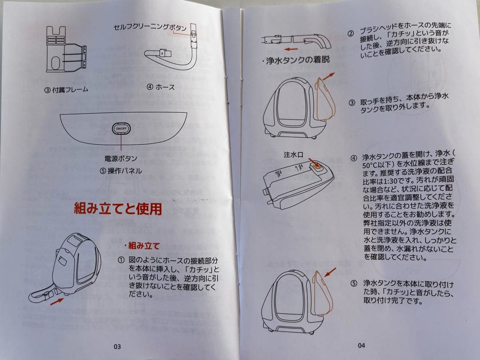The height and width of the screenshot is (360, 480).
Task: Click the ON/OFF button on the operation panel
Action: coord(121,128)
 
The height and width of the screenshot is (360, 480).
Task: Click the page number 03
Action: coord(117,347)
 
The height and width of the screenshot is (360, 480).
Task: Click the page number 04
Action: coord(361,345)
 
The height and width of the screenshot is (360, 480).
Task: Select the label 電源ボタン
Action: coord(121,159)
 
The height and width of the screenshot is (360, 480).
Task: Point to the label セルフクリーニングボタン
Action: coord(150,27)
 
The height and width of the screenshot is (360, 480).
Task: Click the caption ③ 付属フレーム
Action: coord(66,90)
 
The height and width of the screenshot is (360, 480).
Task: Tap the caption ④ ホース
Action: coord(161,87)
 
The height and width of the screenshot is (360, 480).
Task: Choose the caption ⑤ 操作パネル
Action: coord(121,171)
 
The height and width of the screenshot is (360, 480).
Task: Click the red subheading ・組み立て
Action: coord(142,245)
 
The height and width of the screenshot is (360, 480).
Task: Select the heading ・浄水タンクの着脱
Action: coord(296,60)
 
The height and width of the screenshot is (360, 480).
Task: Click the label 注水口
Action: coord(293,155)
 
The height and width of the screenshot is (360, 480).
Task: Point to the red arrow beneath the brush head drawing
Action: coord(291,49)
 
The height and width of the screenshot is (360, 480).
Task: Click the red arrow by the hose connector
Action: coord(57,301)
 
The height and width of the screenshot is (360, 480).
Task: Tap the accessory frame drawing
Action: coord(66,49)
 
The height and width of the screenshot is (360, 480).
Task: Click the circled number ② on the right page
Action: coord(351,34)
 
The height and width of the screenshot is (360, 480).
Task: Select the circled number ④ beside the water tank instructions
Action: coord(354,158)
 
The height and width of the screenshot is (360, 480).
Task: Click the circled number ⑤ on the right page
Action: coord(354,283)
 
